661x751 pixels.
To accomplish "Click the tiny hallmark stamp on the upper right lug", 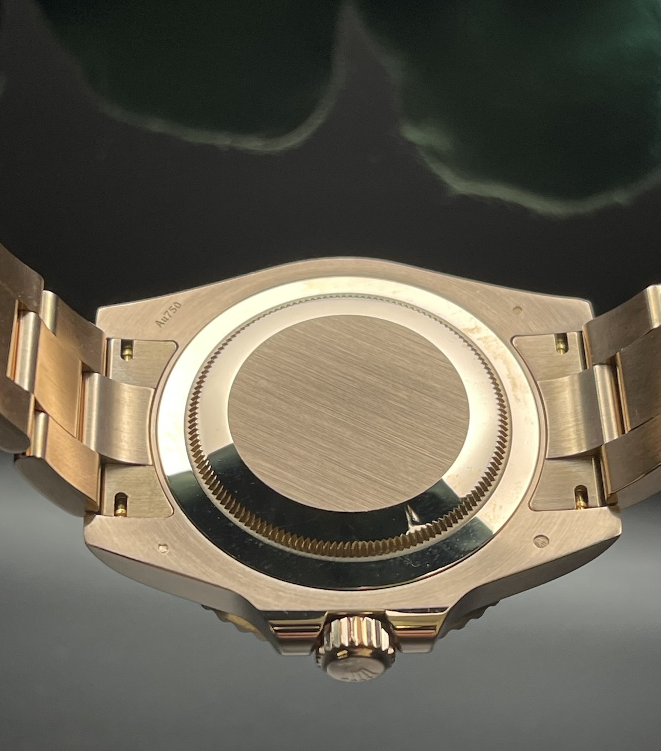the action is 518,309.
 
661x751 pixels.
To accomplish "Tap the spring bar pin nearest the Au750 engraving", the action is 128,348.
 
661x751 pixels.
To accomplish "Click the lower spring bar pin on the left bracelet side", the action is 120,502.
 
